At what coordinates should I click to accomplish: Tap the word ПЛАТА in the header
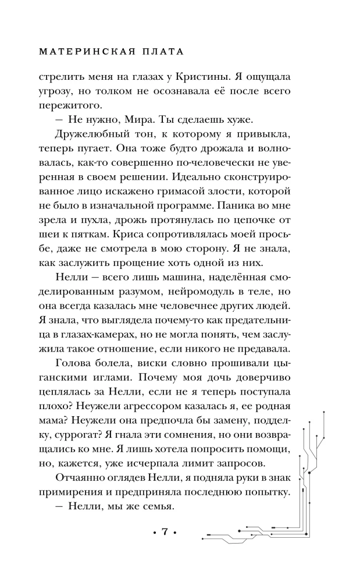tap(161, 51)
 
